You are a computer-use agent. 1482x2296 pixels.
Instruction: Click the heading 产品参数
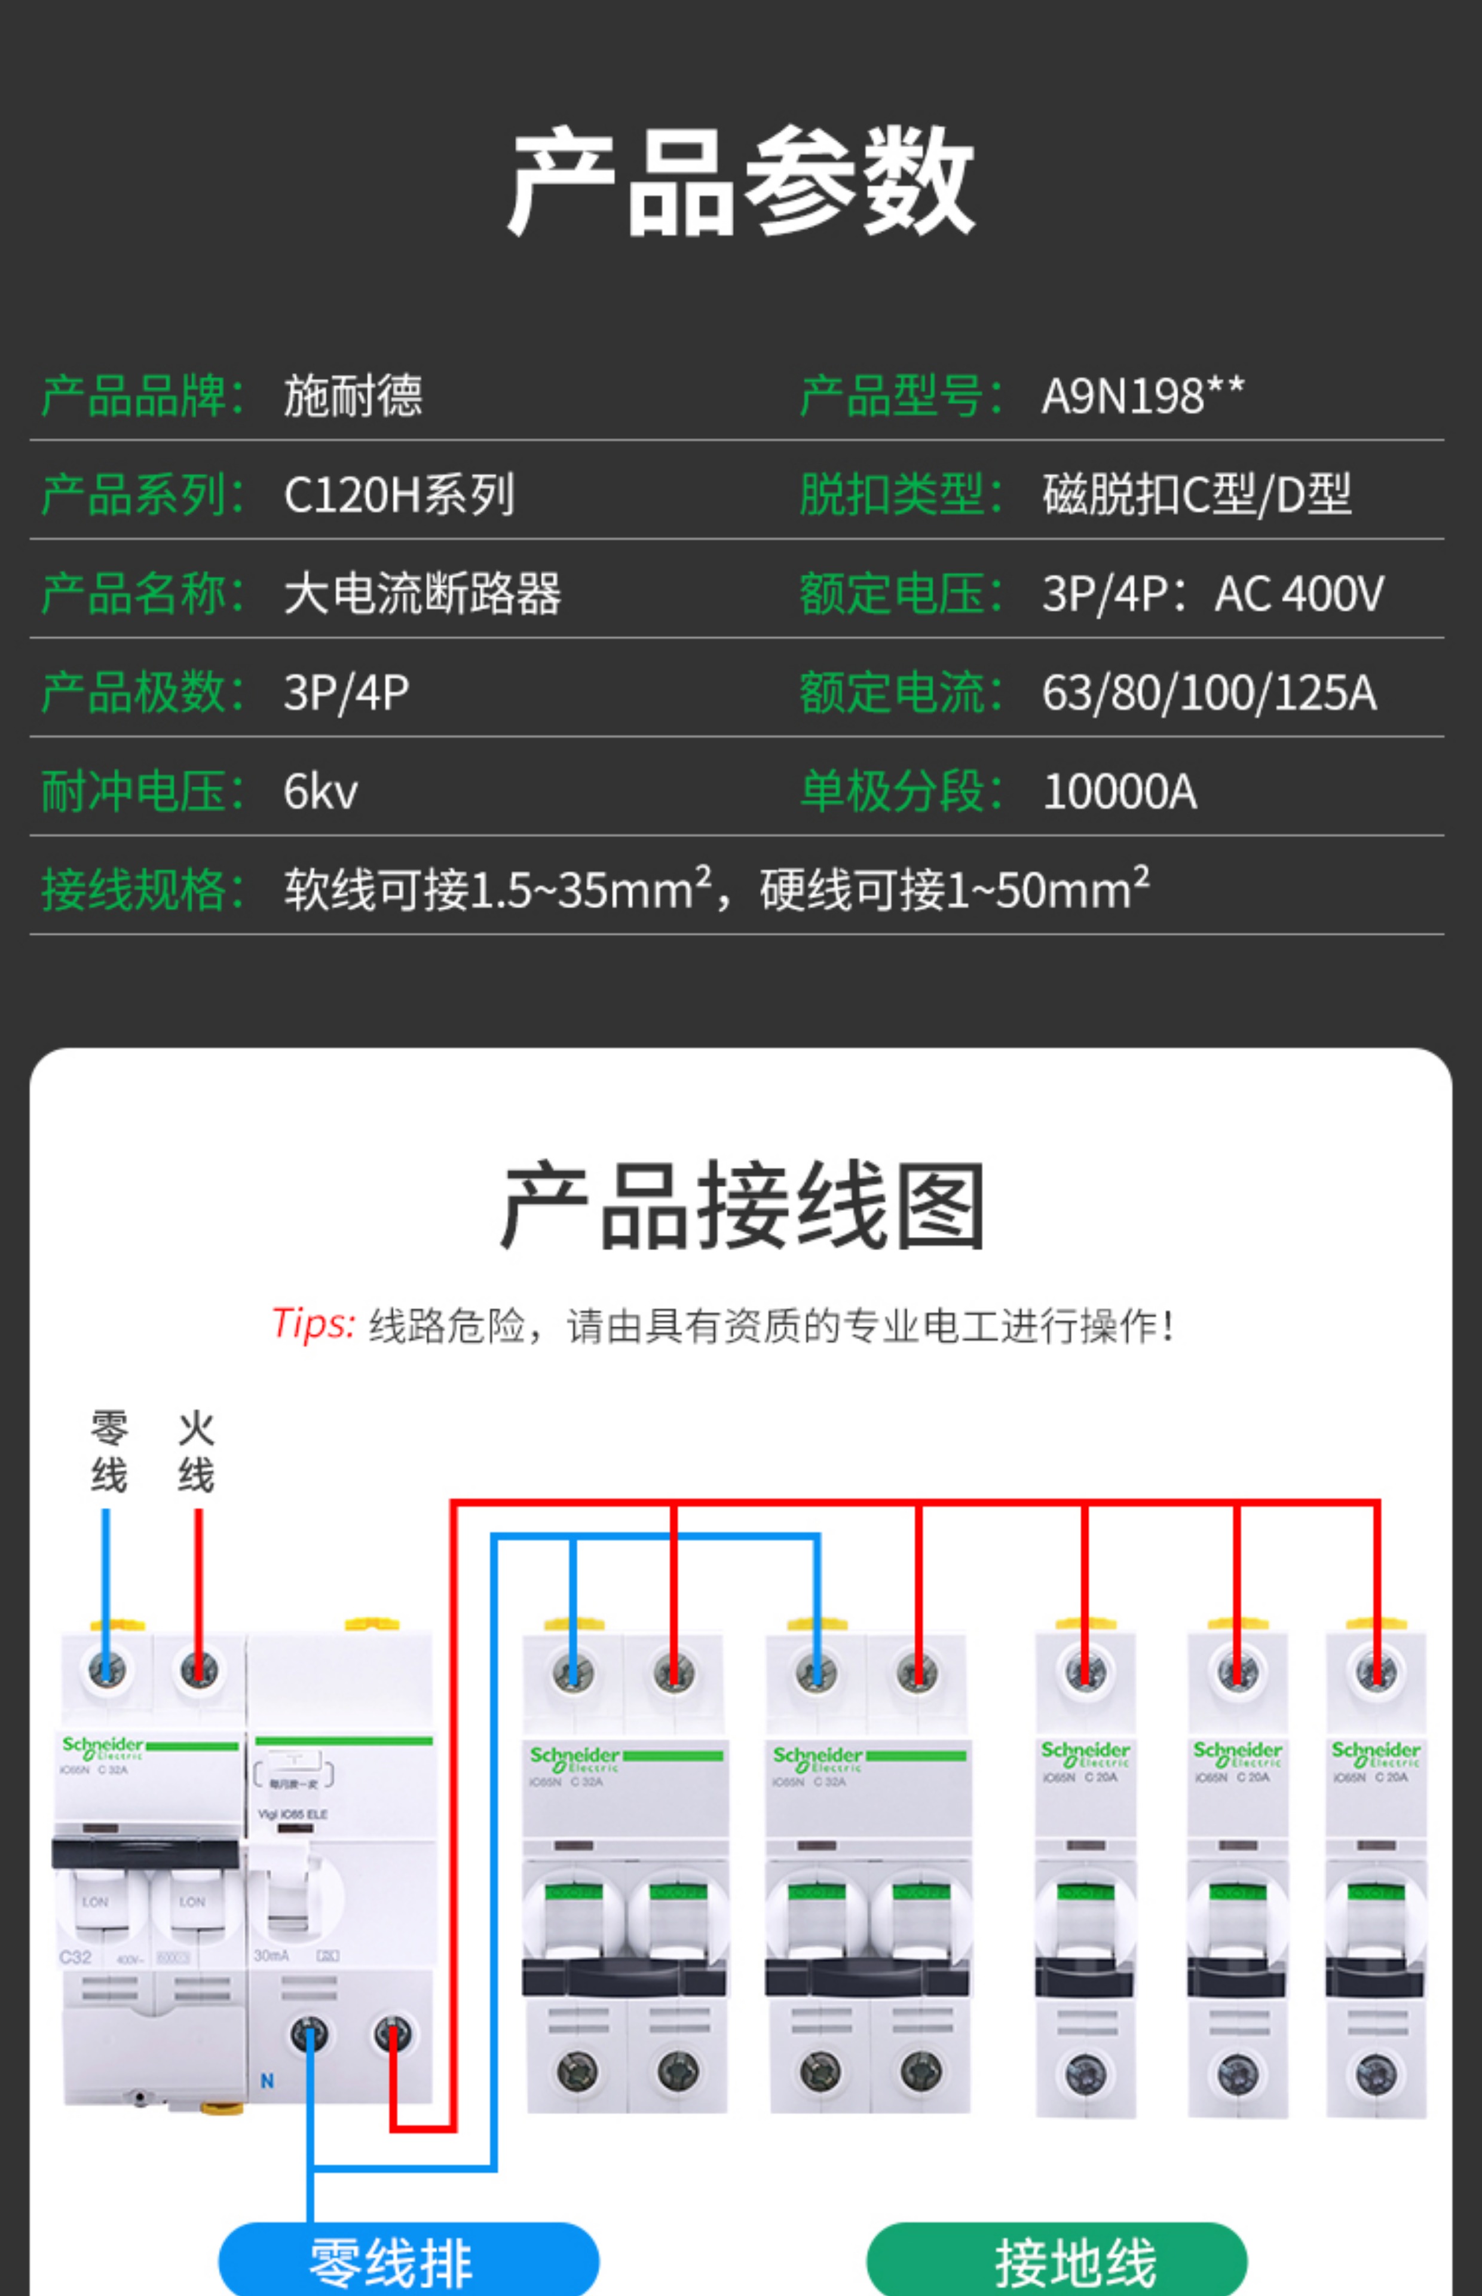(x=741, y=181)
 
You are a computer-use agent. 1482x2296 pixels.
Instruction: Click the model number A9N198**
(x=1143, y=396)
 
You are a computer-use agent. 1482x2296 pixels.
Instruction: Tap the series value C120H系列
(x=399, y=495)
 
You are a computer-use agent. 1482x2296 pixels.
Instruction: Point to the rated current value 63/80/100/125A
(x=1209, y=693)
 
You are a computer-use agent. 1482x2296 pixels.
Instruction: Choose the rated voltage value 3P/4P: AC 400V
(x=1212, y=594)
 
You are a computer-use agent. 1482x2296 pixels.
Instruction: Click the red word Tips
(x=313, y=1324)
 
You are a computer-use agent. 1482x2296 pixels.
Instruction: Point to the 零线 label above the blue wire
(x=109, y=1452)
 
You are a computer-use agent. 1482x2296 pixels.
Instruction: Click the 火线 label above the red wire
(x=197, y=1452)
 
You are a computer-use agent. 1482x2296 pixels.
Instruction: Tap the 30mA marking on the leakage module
(x=271, y=1955)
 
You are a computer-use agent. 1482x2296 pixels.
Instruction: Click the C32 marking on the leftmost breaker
(x=75, y=1957)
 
